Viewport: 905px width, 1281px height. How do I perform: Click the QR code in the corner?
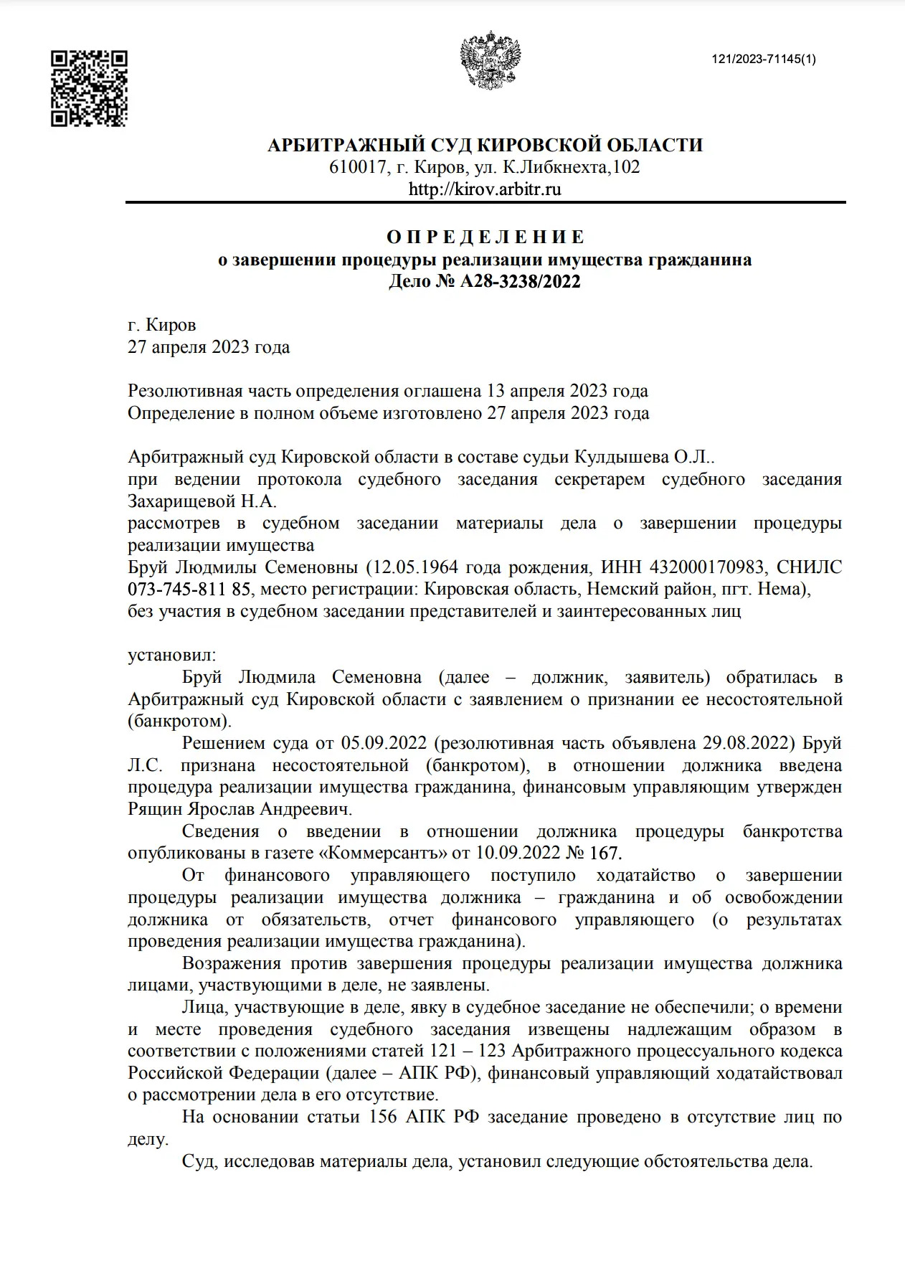point(89,88)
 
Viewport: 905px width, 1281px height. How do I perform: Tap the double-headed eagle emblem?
point(491,60)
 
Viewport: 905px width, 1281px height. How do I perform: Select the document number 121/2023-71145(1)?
point(763,60)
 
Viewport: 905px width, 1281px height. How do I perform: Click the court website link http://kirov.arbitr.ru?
point(485,189)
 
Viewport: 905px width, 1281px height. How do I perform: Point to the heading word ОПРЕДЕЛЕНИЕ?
point(485,237)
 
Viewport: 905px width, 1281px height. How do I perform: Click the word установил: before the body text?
point(171,655)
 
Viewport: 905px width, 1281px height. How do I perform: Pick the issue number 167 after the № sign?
point(607,853)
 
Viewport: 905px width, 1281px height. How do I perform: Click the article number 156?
point(384,1117)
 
